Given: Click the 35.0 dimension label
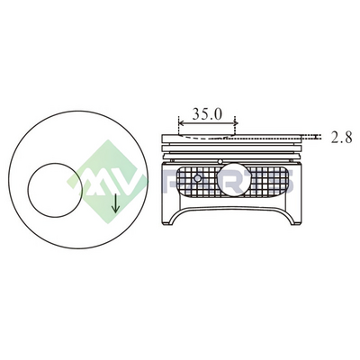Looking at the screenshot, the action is [x=207, y=114].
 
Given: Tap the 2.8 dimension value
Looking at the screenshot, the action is [x=342, y=138].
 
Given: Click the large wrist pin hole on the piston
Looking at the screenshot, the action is [x=233, y=179].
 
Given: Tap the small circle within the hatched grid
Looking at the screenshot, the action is [x=197, y=178].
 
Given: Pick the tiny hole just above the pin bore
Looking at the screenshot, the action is [x=220, y=162].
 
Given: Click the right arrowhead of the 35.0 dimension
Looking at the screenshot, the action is [x=236, y=123].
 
